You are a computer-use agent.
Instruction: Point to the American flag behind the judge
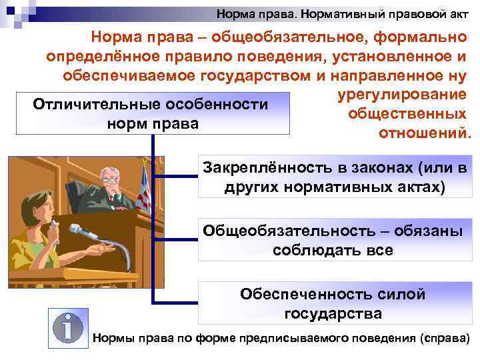[x=143, y=187]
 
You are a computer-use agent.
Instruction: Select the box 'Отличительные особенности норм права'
[x=151, y=114]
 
